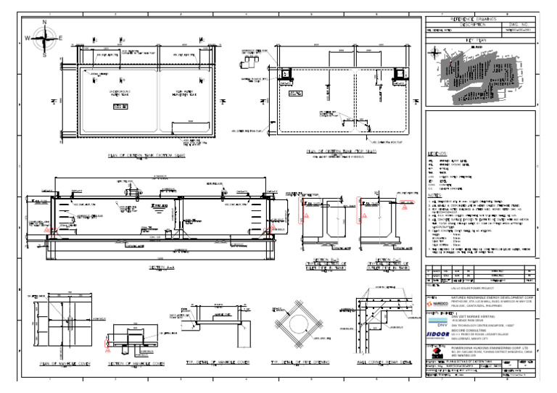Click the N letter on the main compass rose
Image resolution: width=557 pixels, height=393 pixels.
click(x=45, y=22)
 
